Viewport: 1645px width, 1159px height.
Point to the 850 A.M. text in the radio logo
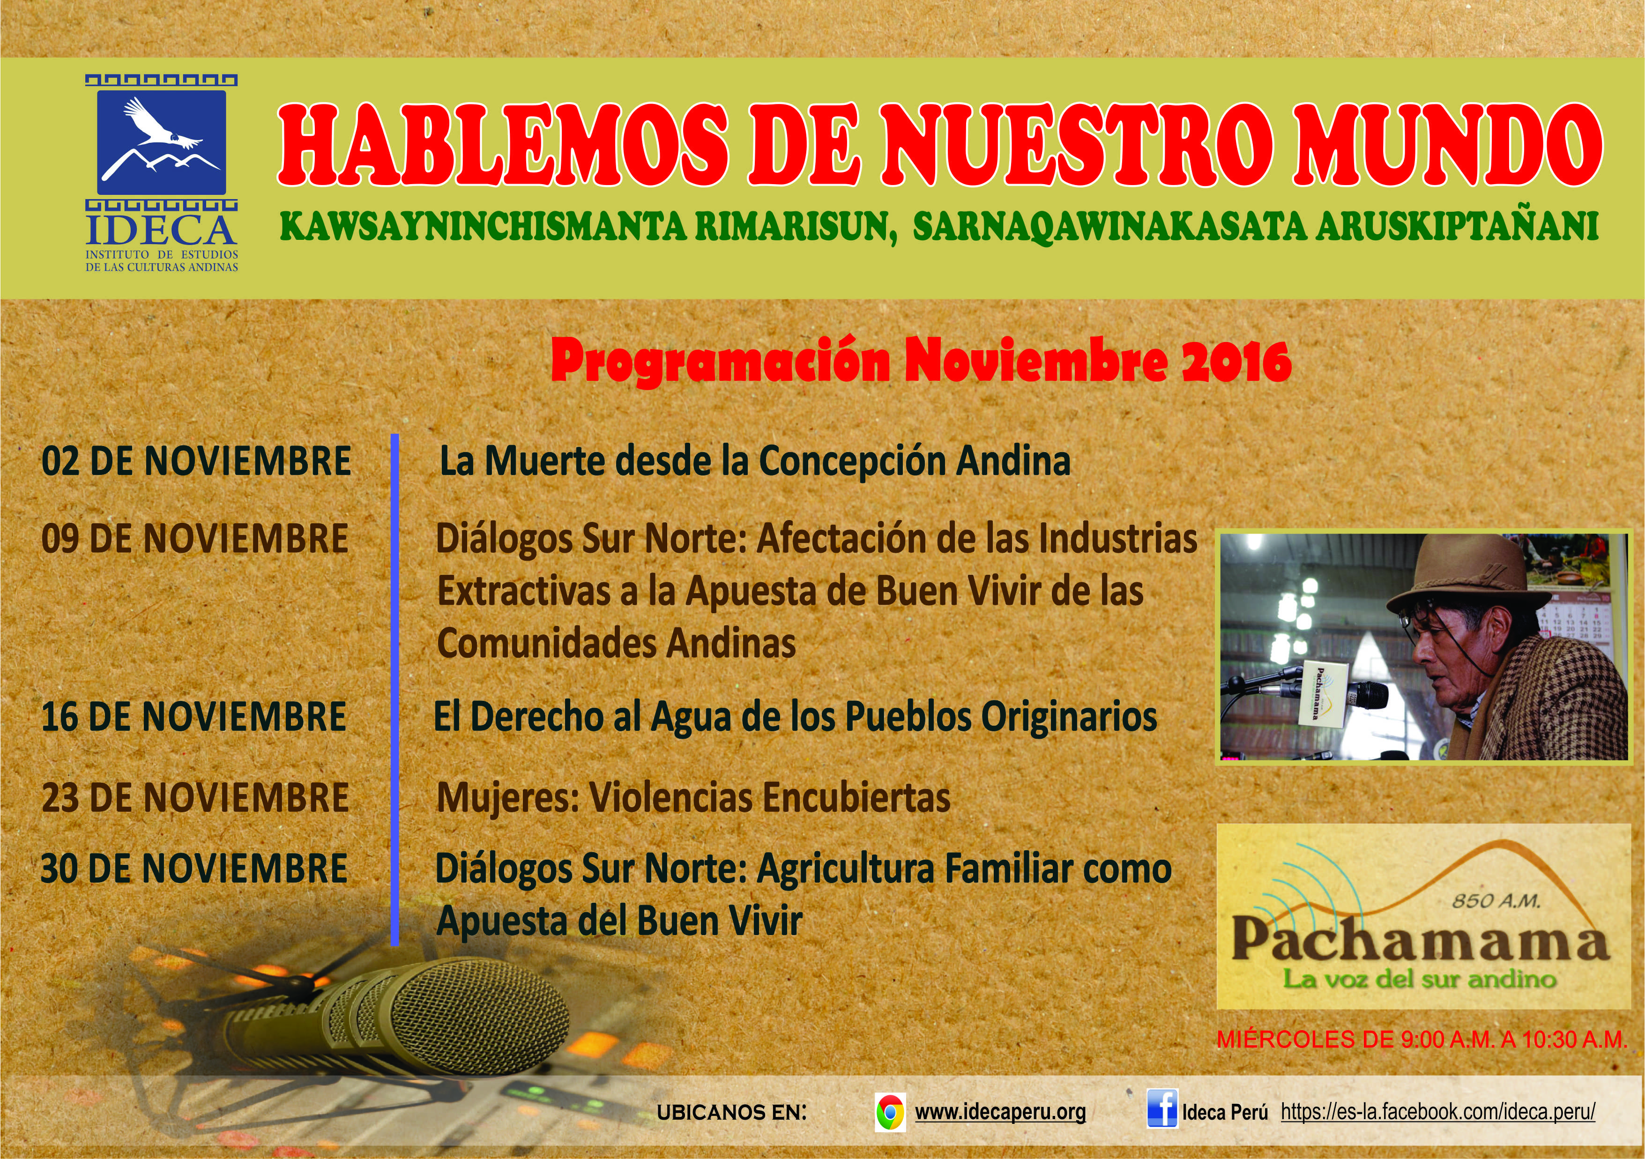click(1495, 901)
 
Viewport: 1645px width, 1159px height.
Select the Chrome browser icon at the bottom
click(890, 1113)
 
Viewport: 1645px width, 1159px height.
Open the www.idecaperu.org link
click(1000, 1113)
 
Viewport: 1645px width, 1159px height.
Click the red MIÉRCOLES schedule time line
click(1422, 1040)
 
